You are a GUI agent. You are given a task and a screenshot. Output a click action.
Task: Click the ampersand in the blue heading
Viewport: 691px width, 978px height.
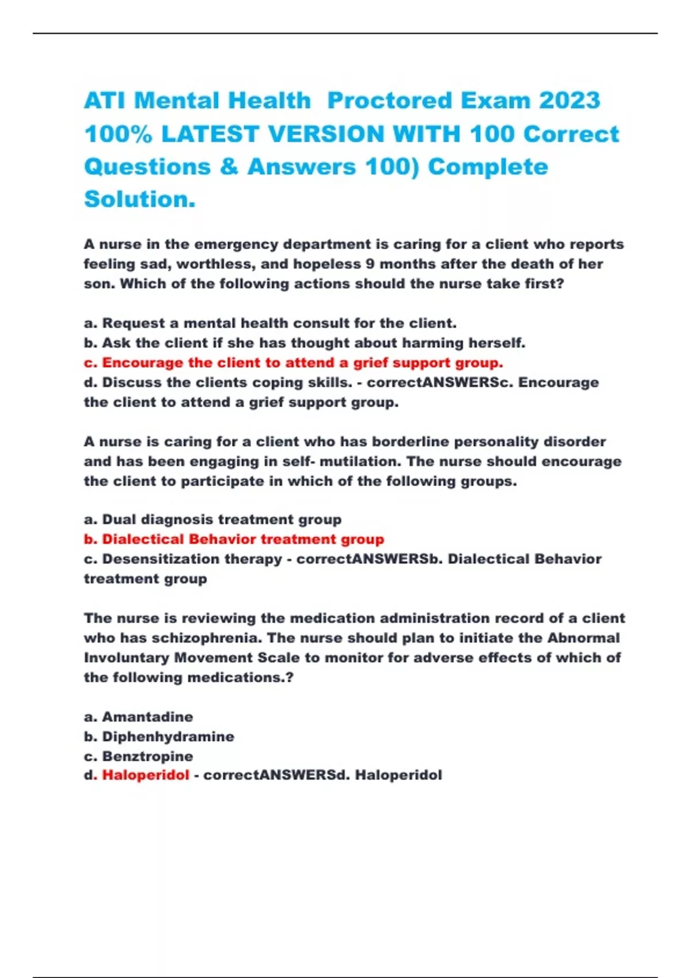tap(229, 167)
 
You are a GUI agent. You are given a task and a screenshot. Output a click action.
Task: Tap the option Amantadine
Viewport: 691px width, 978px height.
tap(147, 717)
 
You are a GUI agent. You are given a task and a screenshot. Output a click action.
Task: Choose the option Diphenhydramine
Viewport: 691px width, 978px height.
tap(168, 736)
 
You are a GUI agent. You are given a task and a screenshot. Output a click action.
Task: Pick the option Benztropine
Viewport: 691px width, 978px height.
tap(147, 756)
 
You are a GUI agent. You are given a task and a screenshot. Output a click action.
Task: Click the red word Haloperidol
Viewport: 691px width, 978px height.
tap(146, 775)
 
